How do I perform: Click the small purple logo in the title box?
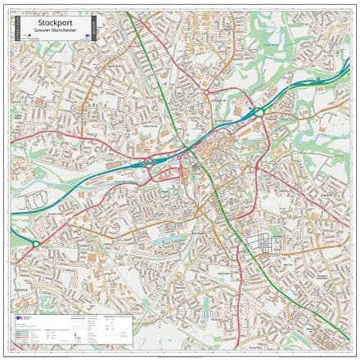click(28, 36)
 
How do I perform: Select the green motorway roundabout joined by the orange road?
click(254, 113)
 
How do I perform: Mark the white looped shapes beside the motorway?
click(34, 200)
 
